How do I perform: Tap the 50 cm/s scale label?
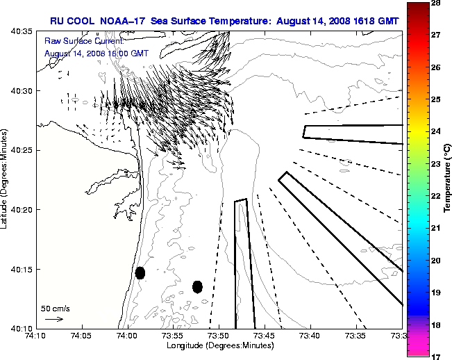[x=55, y=308]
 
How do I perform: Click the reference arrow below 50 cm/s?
[x=54, y=319]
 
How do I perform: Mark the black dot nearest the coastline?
[x=140, y=272]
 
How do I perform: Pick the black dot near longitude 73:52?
[x=197, y=286]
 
